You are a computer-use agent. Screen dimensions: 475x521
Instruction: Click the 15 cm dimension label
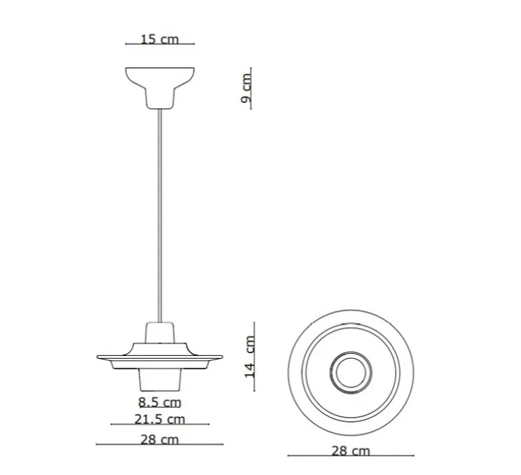[159, 39]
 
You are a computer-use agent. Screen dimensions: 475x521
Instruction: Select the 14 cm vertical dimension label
[249, 357]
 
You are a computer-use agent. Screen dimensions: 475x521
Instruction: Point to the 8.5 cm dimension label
[159, 402]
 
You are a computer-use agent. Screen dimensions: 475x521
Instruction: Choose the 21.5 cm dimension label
[160, 419]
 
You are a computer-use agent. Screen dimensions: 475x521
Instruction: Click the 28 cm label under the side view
[159, 439]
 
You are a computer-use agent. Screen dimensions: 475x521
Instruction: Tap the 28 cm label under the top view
[350, 450]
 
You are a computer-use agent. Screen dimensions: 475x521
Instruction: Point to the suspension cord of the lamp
[160, 210]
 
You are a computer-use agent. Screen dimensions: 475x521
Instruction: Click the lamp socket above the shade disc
[160, 332]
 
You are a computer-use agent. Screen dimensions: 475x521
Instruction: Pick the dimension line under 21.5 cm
[160, 425]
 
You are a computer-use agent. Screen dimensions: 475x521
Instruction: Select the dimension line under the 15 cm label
[159, 45]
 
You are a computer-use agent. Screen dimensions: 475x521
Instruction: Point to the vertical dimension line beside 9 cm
[251, 90]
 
